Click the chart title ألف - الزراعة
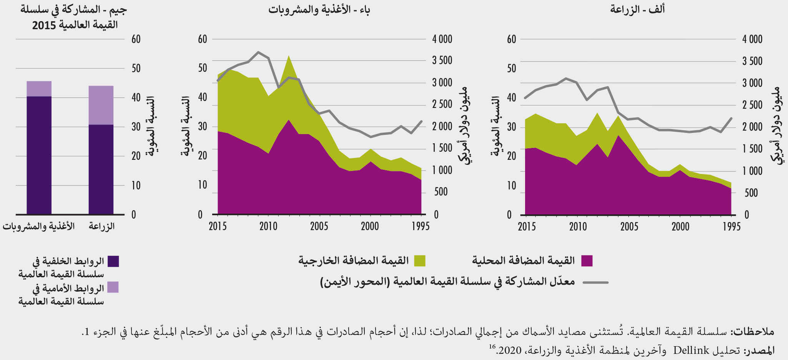(x=637, y=10)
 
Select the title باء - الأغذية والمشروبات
(x=319, y=10)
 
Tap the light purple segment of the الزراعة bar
(x=101, y=105)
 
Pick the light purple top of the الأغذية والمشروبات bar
(x=39, y=89)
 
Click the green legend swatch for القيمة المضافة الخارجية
(x=420, y=261)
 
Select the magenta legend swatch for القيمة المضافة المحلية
(x=587, y=261)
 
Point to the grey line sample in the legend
(x=595, y=282)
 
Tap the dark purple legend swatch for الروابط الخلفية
(x=113, y=261)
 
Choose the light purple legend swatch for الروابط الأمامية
(x=113, y=287)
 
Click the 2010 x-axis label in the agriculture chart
(x=578, y=226)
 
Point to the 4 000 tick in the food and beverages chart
(x=442, y=39)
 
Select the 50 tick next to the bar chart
(x=136, y=68)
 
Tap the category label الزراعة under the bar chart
(x=101, y=226)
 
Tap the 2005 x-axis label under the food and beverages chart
(x=319, y=226)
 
